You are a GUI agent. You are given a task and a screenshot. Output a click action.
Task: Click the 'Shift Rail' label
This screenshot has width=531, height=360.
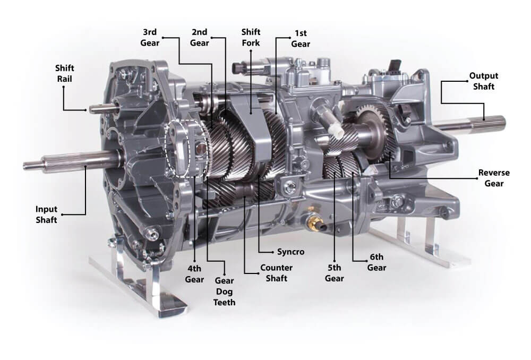click(x=64, y=73)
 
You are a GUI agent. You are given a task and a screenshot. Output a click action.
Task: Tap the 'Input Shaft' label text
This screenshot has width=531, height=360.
click(x=46, y=215)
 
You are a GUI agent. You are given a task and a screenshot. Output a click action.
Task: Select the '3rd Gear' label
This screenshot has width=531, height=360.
click(x=150, y=37)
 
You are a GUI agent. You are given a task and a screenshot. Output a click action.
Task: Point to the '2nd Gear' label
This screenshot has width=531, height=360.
click(x=200, y=37)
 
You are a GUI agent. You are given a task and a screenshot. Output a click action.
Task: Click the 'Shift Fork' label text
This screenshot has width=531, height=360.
click(x=251, y=37)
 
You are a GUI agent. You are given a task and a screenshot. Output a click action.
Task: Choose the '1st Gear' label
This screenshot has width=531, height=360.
click(x=301, y=38)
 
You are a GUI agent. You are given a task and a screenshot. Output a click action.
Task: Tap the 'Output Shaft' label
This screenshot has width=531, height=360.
click(x=484, y=81)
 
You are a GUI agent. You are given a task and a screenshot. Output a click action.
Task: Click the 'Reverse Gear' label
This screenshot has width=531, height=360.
click(x=494, y=178)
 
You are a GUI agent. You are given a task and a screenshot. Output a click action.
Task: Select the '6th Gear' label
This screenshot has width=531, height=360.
click(x=376, y=262)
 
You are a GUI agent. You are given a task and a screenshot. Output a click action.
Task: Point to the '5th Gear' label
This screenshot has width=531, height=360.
click(x=334, y=273)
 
